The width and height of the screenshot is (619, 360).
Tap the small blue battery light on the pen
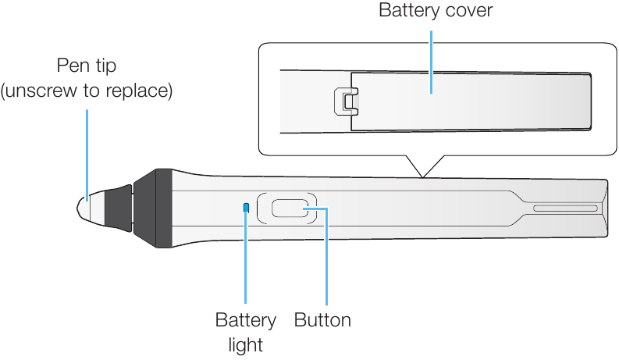[247, 208]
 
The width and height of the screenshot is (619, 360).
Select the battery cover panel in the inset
[468, 100]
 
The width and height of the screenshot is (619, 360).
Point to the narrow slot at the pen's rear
[565, 209]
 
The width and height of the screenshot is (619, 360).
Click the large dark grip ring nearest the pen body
[152, 209]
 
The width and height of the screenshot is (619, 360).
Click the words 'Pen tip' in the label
[87, 66]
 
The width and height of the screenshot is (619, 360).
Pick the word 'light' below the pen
[246, 344]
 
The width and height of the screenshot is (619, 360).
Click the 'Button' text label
[322, 320]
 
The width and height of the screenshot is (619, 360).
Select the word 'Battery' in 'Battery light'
[246, 320]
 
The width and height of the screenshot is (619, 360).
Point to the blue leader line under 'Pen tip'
[87, 148]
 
